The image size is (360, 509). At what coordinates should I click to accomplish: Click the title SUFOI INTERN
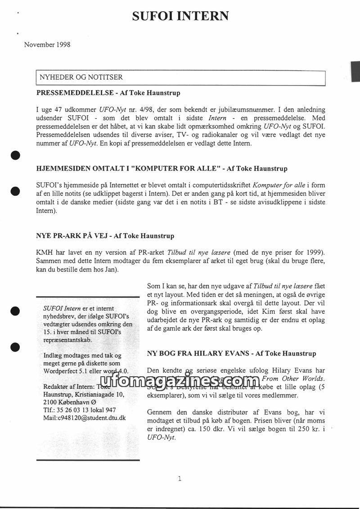coord(180,16)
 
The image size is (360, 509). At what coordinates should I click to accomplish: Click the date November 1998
coord(47,45)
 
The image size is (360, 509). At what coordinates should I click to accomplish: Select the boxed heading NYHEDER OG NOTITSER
coord(81,77)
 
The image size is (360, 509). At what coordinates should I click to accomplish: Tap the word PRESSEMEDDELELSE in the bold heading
coord(71,93)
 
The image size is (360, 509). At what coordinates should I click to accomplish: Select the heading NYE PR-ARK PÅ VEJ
coord(73,235)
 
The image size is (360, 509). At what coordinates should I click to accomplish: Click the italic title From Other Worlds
coord(292,378)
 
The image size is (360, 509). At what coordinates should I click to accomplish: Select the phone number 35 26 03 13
coord(70,410)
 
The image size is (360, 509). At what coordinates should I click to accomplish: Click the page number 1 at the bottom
coord(180,478)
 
